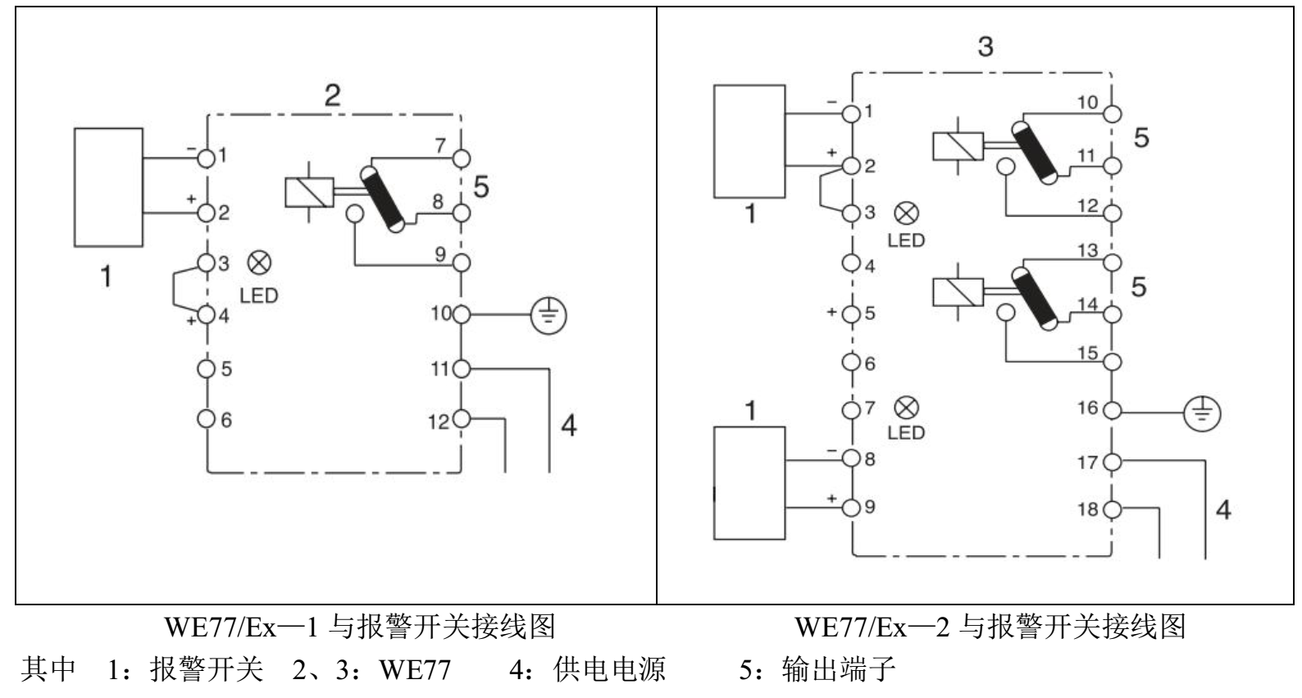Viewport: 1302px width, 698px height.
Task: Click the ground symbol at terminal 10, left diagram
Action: tap(550, 314)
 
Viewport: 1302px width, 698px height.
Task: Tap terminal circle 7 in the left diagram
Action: tap(461, 157)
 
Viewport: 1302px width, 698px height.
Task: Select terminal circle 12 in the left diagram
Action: tap(461, 419)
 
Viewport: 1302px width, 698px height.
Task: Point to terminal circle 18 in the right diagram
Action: tap(1112, 509)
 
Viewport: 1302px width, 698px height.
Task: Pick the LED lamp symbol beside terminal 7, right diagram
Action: tap(907, 408)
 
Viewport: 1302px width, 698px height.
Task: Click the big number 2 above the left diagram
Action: tap(332, 96)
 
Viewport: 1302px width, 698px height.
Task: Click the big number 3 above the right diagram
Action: tap(985, 47)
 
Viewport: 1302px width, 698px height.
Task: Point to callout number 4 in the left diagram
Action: tap(568, 426)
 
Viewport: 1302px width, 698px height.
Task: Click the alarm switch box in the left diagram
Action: tap(108, 187)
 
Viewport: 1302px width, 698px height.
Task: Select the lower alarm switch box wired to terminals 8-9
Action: tap(749, 483)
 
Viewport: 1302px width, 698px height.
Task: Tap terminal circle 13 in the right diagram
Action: tap(1112, 263)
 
